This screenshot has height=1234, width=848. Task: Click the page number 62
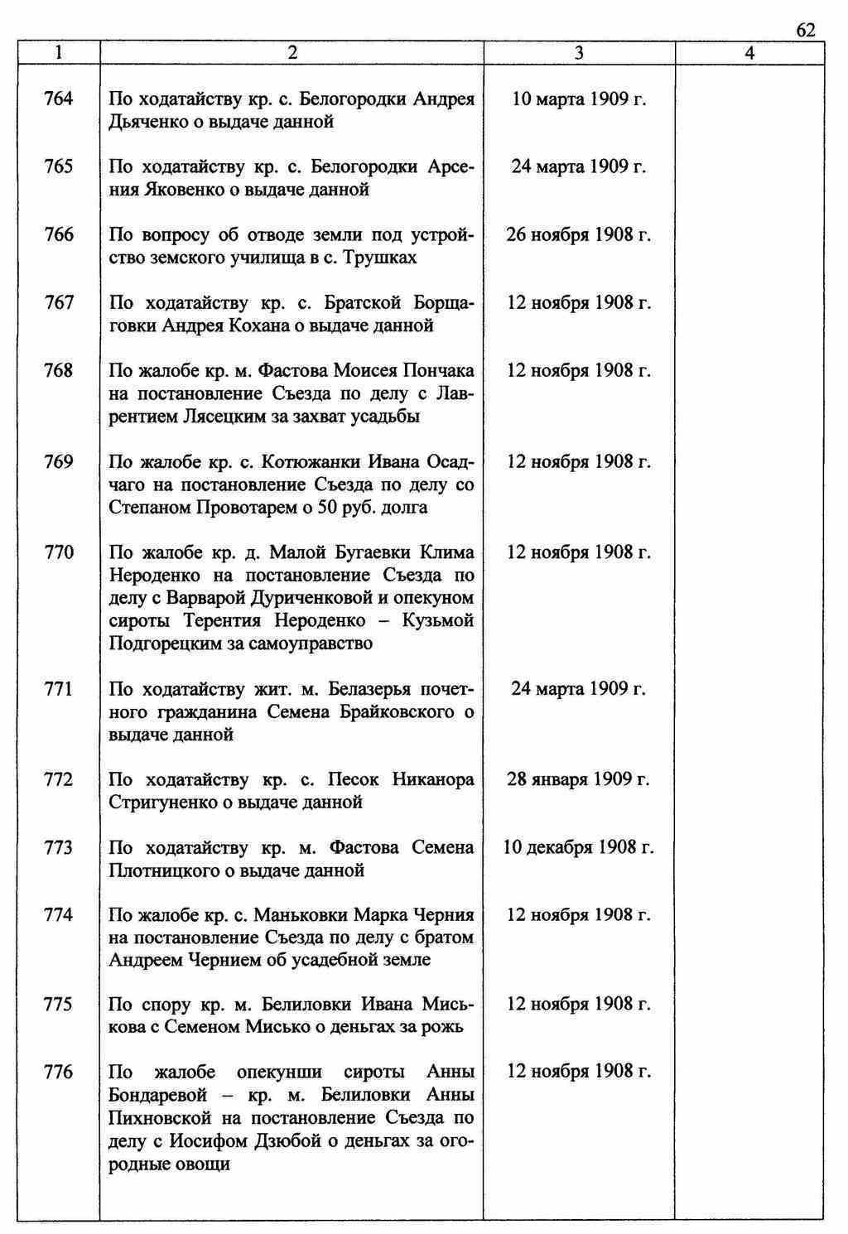[x=806, y=31]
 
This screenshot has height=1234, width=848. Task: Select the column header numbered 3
[x=579, y=53]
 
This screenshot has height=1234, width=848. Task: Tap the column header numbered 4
[x=749, y=53]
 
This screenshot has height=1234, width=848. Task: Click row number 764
[x=58, y=99]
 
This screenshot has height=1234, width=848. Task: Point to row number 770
[x=58, y=552]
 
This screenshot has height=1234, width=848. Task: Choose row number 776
[x=58, y=1073]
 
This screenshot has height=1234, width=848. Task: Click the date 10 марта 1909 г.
[x=579, y=99]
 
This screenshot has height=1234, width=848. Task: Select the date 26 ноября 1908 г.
[x=579, y=235]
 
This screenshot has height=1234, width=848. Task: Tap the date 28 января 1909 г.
[x=579, y=779]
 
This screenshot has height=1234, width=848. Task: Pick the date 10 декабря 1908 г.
[x=579, y=847]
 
